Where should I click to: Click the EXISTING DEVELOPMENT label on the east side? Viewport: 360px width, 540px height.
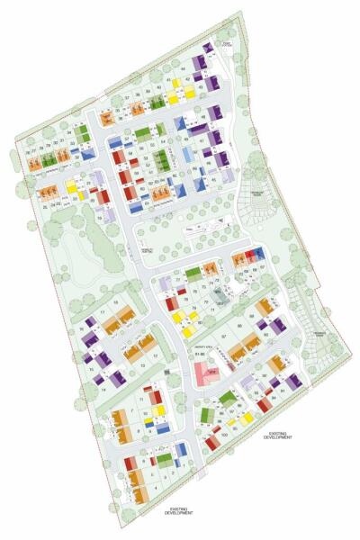[x=278, y=436]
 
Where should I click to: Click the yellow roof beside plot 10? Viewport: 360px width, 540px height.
[x=160, y=410]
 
